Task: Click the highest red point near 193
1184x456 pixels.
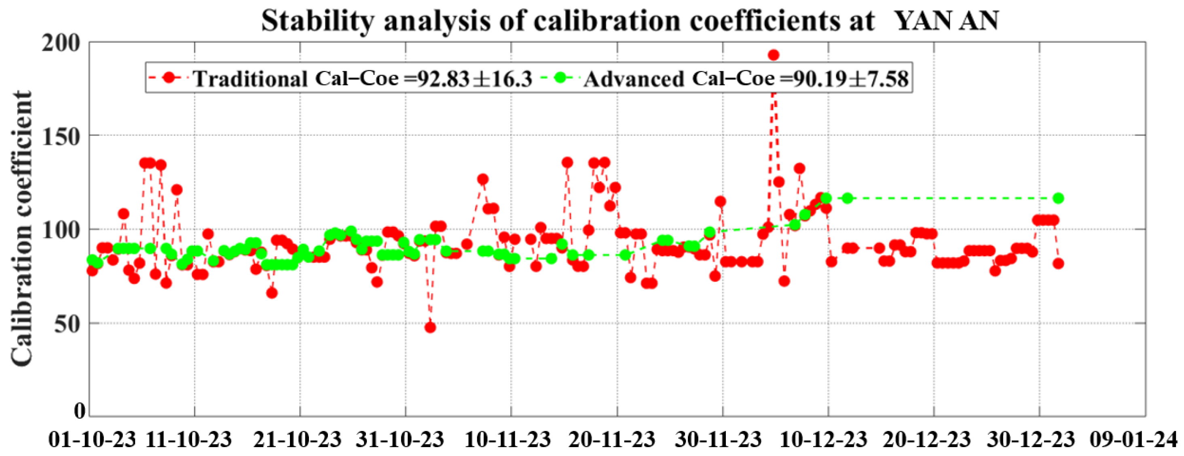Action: (774, 55)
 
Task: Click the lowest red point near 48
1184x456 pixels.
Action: (430, 327)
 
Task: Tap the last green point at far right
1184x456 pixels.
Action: (1059, 198)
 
